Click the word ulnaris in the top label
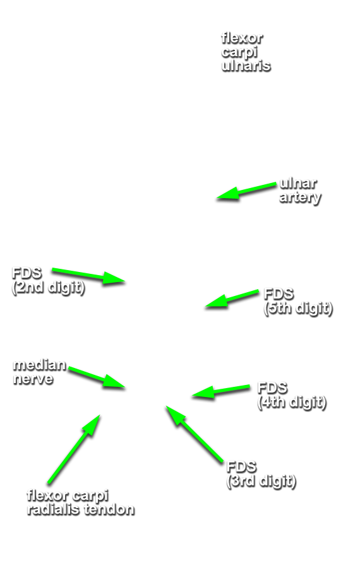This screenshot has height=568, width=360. coord(246,66)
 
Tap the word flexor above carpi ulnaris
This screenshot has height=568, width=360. coord(242,38)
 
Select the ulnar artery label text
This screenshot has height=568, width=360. coord(299,190)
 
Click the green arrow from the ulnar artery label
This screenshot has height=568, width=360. coord(246,191)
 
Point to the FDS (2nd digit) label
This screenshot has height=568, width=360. coord(48,280)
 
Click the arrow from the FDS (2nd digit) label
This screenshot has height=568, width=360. coord(88,276)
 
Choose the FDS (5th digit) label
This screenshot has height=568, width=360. coord(298,301)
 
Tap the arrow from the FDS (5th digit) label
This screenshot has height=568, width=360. coord(232,299)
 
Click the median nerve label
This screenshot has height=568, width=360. coord(40,372)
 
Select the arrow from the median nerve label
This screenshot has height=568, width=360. coord(97,377)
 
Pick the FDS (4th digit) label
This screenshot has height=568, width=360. coord(292,395)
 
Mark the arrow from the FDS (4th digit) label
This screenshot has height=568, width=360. coord(221,392)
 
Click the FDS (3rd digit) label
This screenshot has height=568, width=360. coord(261,474)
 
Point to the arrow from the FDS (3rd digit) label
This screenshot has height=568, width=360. coord(195,434)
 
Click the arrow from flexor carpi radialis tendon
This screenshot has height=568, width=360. coord(74,449)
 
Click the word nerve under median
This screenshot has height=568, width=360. coord(33,379)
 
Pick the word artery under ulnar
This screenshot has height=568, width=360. coord(300,198)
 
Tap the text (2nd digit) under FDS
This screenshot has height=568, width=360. coord(48,288)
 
